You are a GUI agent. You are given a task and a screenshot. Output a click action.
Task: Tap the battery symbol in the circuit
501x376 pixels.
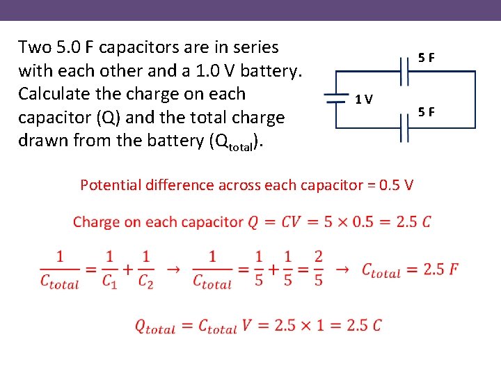coord(336,99)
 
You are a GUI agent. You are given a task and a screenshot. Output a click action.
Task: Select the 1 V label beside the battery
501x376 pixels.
coord(363,99)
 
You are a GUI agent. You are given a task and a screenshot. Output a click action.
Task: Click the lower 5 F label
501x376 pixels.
coord(427,110)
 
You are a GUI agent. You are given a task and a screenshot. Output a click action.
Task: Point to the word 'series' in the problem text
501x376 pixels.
coord(253,47)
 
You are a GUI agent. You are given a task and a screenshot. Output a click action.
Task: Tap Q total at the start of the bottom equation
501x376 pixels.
coord(154,326)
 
